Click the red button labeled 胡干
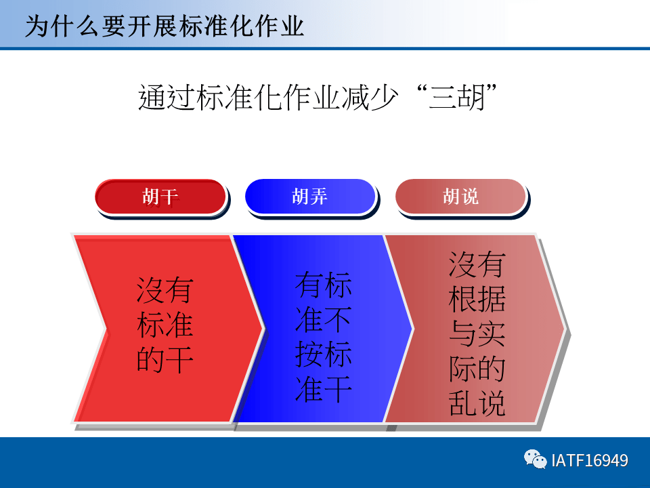click(160, 197)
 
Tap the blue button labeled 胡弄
click(309, 197)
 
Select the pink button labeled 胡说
click(460, 197)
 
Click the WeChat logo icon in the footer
click(535, 460)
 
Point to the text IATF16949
click(589, 461)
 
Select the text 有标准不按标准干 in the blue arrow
click(323, 338)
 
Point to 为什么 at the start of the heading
click(62, 25)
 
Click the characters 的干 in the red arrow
click(165, 360)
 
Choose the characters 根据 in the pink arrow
click(477, 299)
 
